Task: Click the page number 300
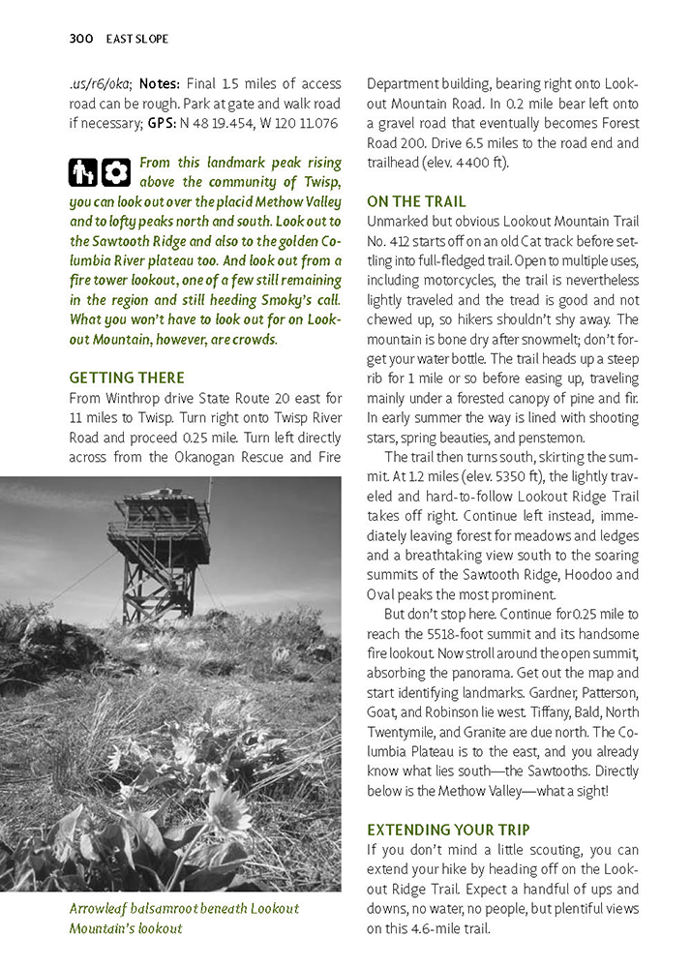(80, 39)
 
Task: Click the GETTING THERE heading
(127, 378)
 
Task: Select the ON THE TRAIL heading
(416, 201)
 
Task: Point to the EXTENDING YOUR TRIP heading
(449, 830)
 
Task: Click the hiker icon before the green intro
(83, 172)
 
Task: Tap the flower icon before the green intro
(116, 172)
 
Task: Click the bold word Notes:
(160, 84)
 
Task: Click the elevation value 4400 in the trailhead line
(457, 163)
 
